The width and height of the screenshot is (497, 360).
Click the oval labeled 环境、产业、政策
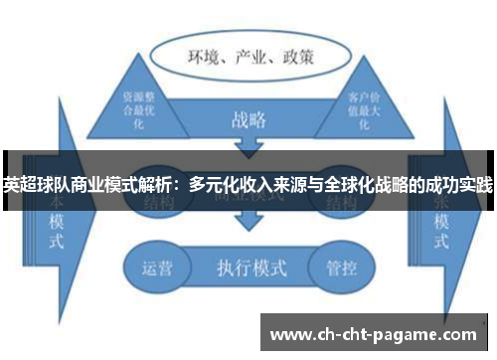249,57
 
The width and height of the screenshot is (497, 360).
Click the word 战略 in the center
248,121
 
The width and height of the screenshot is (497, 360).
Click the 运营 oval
158,267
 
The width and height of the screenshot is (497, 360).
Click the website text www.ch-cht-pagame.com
374,334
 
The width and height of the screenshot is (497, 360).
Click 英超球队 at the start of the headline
31,185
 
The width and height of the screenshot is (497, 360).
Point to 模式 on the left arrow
56,228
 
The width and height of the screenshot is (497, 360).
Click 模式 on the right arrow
438,227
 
